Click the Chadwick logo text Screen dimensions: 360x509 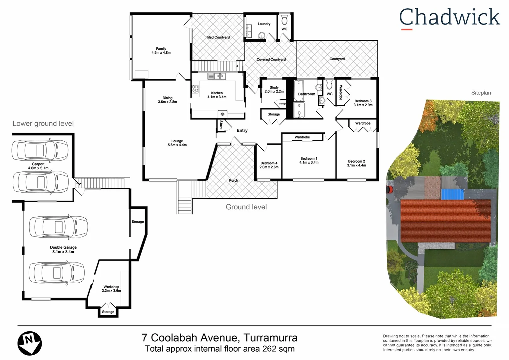(x=449, y=18)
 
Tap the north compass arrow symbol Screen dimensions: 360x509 (x=29, y=343)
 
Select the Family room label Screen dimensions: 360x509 (x=161, y=49)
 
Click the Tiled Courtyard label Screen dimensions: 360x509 (x=218, y=37)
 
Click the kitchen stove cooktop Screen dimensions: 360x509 (x=195, y=89)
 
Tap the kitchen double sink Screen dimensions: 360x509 (x=220, y=76)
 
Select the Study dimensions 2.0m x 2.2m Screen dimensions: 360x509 (x=274, y=92)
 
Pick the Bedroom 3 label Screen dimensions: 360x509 (x=363, y=101)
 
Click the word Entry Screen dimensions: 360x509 (x=242, y=131)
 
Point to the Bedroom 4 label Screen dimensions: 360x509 (x=269, y=163)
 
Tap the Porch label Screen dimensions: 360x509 (x=234, y=181)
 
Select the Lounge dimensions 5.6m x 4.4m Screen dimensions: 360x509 (x=177, y=145)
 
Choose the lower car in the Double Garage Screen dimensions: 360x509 (x=57, y=272)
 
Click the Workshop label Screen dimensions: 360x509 (x=111, y=287)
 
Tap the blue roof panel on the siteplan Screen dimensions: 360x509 (x=453, y=194)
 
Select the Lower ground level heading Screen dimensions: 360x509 (x=43, y=124)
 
